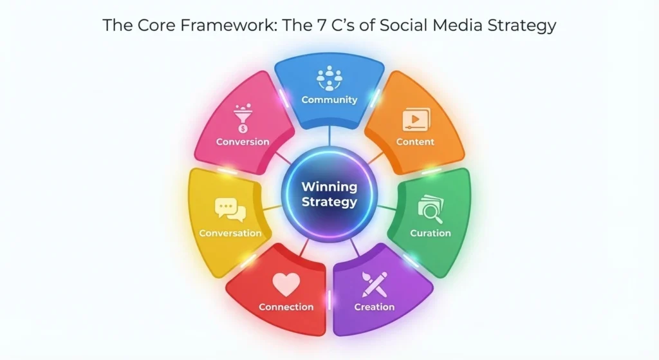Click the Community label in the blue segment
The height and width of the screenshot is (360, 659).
329,100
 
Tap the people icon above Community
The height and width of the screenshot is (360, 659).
329,79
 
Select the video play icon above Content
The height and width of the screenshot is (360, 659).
415,120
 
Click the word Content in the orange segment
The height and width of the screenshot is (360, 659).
415,142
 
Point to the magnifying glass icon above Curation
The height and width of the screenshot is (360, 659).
430,209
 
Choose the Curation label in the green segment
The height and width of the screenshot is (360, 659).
431,233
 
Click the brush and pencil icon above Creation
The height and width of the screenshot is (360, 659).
375,283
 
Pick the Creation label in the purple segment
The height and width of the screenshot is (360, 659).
375,307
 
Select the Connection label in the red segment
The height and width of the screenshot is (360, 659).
286,307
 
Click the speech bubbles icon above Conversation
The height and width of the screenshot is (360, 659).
230,209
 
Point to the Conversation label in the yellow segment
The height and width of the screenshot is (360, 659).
230,233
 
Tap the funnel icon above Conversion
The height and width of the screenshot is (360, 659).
243,120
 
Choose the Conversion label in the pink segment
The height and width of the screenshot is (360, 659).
243,142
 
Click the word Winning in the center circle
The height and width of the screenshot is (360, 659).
329,187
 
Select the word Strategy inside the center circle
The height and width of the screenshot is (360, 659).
329,202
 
